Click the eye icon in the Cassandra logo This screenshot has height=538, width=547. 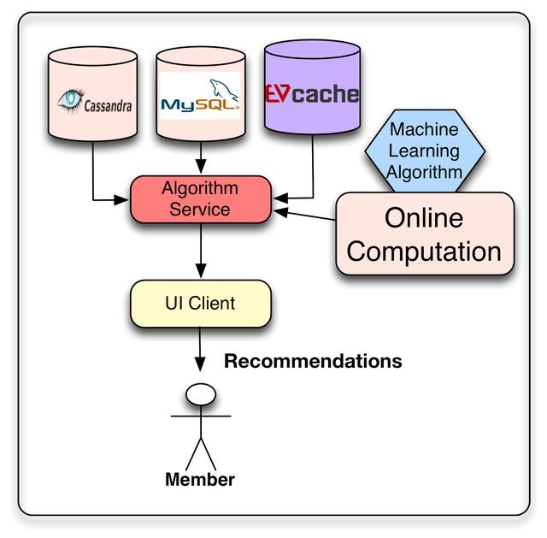[x=69, y=100]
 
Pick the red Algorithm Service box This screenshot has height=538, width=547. [x=200, y=198]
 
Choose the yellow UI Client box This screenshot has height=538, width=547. [x=200, y=303]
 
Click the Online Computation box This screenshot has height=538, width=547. [x=425, y=234]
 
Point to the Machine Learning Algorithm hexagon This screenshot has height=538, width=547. [x=425, y=151]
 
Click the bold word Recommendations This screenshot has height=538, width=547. [x=313, y=361]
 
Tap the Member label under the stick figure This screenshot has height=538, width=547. [x=199, y=479]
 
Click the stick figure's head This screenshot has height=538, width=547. [x=200, y=393]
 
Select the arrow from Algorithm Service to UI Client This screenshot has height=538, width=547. [x=200, y=252]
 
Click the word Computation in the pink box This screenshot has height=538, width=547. [x=425, y=251]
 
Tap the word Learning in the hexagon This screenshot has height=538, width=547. [x=424, y=151]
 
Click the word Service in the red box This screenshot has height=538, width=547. [x=199, y=208]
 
